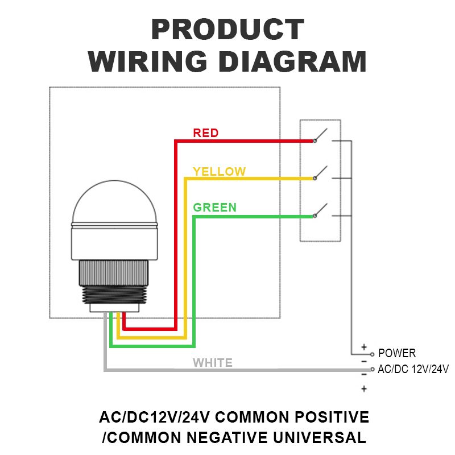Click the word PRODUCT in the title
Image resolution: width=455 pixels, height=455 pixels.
click(227, 30)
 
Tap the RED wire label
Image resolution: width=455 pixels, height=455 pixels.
click(205, 133)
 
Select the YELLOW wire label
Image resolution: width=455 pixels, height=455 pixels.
click(219, 171)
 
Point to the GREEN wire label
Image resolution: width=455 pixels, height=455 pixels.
click(214, 207)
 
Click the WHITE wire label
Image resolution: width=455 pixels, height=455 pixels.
click(212, 363)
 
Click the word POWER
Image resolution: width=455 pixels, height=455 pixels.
click(397, 353)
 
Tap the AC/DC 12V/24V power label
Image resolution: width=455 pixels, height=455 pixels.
click(413, 369)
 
